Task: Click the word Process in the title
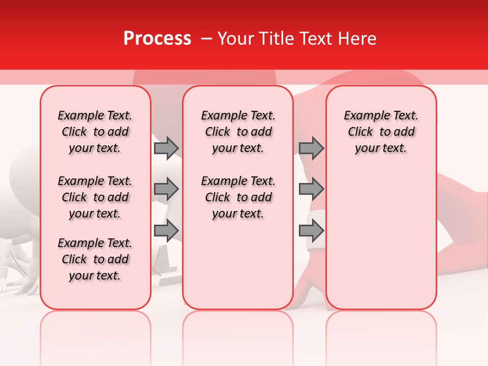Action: [x=157, y=39]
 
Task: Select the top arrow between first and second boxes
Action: [x=166, y=148]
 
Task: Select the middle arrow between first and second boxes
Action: [x=166, y=190]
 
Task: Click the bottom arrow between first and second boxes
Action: [x=166, y=231]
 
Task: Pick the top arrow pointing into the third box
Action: [x=311, y=148]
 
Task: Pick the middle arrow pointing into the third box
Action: [x=311, y=190]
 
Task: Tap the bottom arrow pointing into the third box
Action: [x=311, y=231]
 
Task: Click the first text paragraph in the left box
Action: [x=95, y=132]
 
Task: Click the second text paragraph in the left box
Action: [x=95, y=197]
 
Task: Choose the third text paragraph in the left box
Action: [x=95, y=259]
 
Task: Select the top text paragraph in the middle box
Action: [x=238, y=132]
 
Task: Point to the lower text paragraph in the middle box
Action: [x=238, y=197]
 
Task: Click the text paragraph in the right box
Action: [x=381, y=132]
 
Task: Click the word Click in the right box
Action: [x=360, y=132]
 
